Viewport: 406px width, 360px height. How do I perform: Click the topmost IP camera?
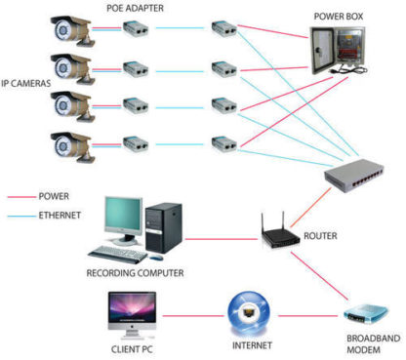74,28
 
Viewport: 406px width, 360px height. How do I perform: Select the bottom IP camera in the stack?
74,143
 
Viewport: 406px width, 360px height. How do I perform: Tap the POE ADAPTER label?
136,9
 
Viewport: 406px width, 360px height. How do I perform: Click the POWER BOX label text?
338,18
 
